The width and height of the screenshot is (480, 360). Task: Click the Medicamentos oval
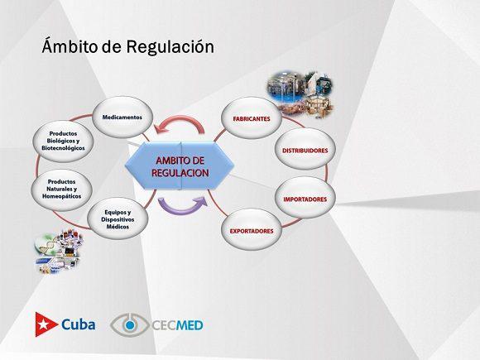click(x=122, y=118)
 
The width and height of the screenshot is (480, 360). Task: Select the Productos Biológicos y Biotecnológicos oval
click(x=63, y=141)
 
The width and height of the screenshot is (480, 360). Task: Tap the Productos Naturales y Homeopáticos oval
click(x=61, y=189)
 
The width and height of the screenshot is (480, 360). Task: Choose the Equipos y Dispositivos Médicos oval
click(x=118, y=219)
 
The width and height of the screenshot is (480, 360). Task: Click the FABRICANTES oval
click(x=252, y=119)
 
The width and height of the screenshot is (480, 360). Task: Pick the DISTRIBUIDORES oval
click(x=305, y=151)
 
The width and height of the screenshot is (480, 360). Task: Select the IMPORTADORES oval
click(x=305, y=199)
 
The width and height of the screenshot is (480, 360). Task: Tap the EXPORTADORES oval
click(x=252, y=231)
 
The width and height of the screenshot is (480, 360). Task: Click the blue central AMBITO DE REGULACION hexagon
click(x=180, y=166)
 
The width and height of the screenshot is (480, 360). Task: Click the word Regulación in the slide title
click(x=170, y=47)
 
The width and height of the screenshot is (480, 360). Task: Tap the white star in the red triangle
click(x=42, y=324)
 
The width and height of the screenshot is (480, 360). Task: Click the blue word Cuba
click(x=78, y=324)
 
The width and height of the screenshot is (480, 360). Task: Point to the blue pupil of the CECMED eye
click(x=130, y=324)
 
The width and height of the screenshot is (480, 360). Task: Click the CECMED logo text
click(x=178, y=325)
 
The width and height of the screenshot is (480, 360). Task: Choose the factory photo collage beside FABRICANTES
click(x=300, y=95)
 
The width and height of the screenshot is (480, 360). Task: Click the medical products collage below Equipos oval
click(x=58, y=252)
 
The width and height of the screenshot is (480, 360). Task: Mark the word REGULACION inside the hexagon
click(x=180, y=173)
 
